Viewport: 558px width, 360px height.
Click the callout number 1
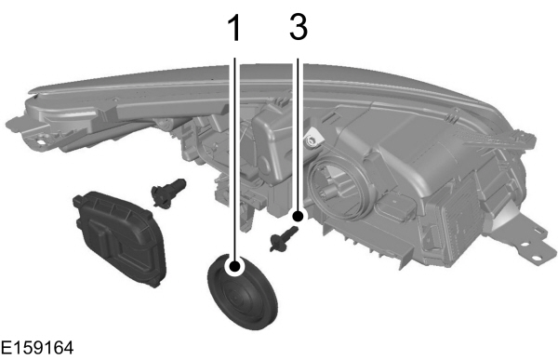click(x=235, y=28)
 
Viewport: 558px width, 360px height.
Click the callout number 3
click(x=298, y=28)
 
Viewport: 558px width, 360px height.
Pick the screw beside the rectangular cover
click(x=166, y=192)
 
